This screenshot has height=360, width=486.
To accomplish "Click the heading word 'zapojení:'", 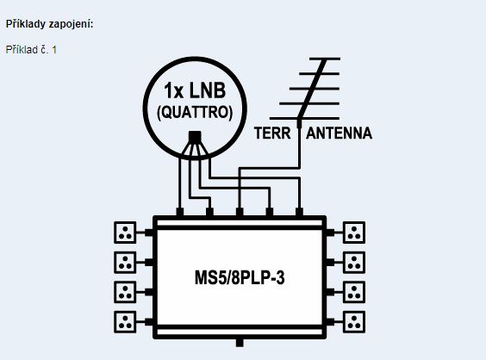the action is pos(71,24).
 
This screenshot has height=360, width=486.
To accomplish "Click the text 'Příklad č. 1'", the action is pos(31,50).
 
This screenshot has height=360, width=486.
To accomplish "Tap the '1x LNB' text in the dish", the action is pos(195,90).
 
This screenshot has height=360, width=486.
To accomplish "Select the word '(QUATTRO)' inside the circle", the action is pos(195,112).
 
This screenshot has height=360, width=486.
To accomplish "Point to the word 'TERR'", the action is pos(272,133).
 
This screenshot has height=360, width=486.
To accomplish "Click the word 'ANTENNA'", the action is pos(339,133).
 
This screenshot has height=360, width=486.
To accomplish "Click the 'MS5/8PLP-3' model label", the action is pos(240,277).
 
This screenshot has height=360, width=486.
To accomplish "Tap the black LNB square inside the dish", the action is pos(195,137).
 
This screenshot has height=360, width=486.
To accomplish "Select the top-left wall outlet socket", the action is pos(125,233).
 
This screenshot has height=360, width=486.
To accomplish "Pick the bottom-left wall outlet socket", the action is pos(125,322).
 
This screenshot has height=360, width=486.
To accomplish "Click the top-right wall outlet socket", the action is pos(354,233).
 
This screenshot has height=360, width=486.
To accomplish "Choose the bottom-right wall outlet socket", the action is pos(354,322).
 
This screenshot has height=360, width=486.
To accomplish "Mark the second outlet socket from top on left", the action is pos(125,263).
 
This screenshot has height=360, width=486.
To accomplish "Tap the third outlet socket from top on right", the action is pos(354,292).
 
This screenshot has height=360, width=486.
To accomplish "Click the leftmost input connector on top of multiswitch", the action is pos(180,212).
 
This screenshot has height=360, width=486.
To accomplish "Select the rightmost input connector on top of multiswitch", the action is pos(299,212).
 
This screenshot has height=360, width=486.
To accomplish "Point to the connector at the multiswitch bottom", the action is pos(240,343).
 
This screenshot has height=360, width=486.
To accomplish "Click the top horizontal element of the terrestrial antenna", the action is pos(325,59).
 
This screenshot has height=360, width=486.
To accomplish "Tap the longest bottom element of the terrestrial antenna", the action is pos(304,118).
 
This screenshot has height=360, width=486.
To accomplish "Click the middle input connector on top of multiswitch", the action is pos(240,212).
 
